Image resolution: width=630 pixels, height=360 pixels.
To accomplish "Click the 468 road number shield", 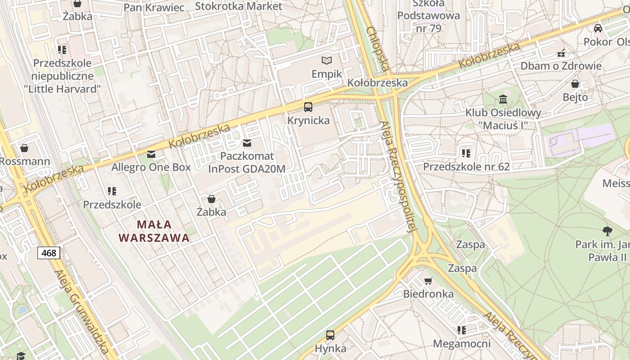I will (x=49, y=253).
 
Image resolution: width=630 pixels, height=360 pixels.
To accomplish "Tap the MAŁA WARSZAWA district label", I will (x=154, y=231).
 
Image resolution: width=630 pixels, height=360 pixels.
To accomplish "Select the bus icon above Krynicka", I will (x=308, y=107).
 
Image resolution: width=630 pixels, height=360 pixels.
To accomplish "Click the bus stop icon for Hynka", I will (x=330, y=335).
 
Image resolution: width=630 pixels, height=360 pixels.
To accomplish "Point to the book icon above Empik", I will (x=327, y=60).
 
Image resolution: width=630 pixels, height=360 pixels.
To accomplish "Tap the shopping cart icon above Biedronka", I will (x=428, y=281).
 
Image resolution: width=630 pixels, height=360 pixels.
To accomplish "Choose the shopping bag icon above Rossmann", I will (x=24, y=148).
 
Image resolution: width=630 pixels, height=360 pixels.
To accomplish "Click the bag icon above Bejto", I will (x=575, y=84).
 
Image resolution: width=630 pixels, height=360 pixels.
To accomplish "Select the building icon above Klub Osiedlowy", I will (x=503, y=99).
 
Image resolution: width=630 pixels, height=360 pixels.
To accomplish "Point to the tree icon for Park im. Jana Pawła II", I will (x=607, y=231).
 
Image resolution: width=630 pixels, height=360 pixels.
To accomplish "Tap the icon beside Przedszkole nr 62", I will (x=466, y=153).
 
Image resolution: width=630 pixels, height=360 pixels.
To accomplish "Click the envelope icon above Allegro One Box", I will (x=151, y=154).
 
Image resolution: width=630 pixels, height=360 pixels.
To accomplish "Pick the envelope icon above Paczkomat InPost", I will (x=247, y=143).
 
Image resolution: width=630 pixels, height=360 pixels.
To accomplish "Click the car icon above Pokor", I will (x=598, y=28).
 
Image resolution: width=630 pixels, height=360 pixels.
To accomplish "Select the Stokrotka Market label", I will (x=238, y=6).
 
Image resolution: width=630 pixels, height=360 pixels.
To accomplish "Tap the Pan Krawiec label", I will (x=154, y=8).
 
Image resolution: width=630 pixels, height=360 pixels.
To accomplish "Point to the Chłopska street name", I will (x=378, y=49).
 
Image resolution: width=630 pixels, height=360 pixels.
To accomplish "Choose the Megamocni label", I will (x=462, y=344).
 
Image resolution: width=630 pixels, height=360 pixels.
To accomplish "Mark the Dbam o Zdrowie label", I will (x=561, y=66).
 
